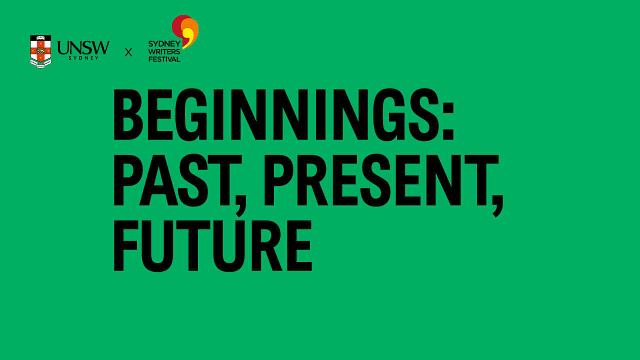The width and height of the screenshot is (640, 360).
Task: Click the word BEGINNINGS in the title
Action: [276, 115]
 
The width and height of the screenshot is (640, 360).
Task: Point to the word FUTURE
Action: [213, 245]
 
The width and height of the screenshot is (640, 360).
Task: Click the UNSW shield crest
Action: [40, 51]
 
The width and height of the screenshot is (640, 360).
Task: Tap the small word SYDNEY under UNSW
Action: [83, 58]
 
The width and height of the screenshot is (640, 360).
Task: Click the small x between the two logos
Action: [128, 52]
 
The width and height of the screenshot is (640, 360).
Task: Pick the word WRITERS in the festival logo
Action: [164, 51]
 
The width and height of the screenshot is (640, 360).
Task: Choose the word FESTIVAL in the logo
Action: [164, 59]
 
